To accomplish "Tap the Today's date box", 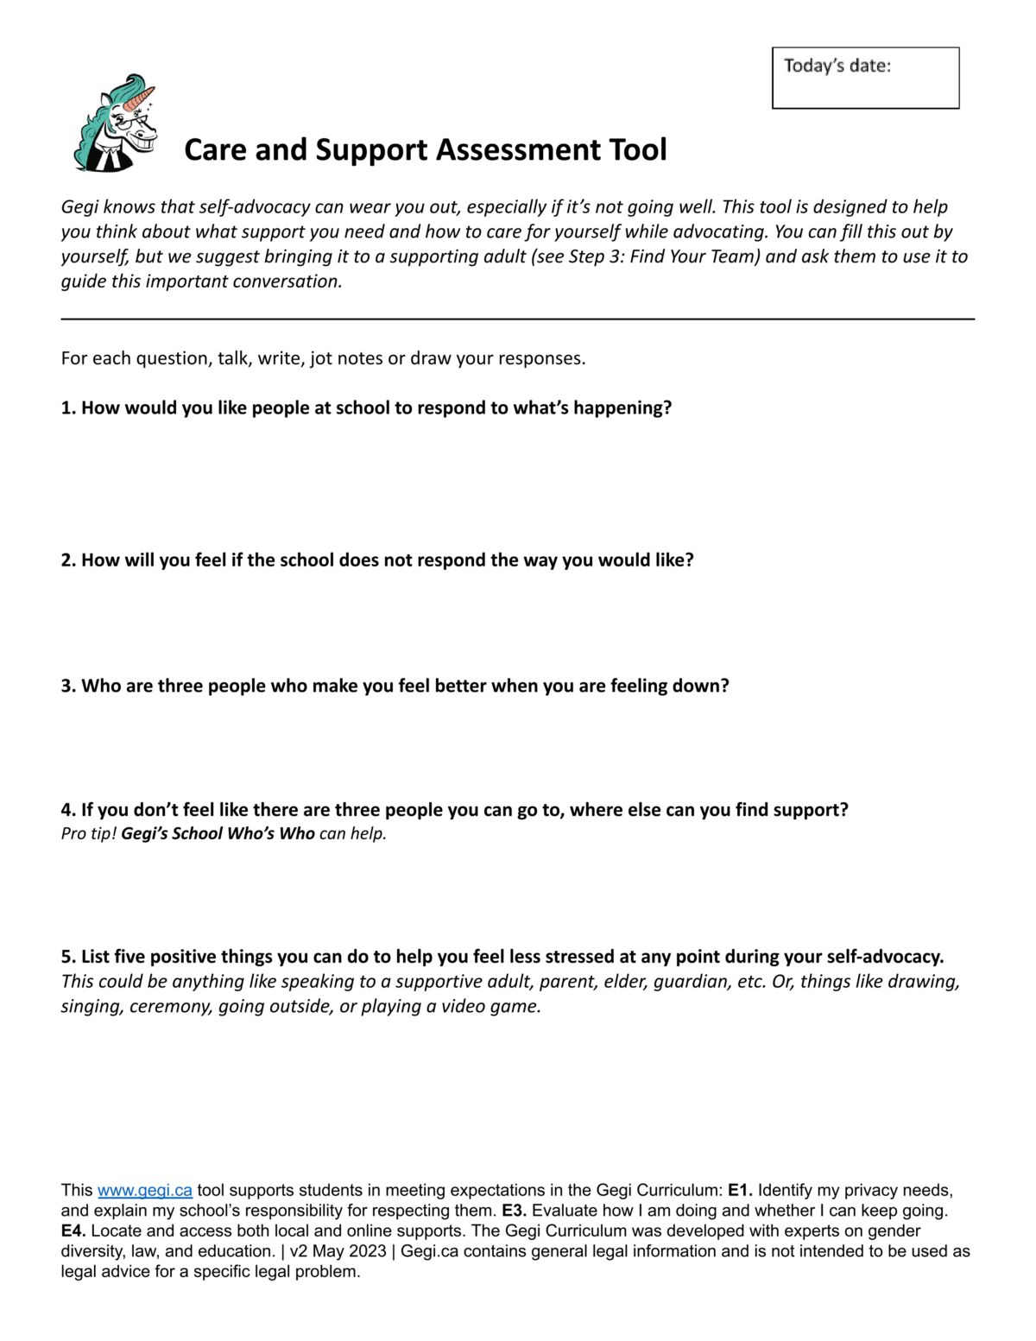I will [x=865, y=79].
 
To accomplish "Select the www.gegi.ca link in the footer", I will [x=145, y=1191].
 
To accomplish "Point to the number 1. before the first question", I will [x=68, y=408].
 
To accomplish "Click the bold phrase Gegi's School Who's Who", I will [x=218, y=834].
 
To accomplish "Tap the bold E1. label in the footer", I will [x=740, y=1191].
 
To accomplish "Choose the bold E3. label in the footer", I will [x=514, y=1211].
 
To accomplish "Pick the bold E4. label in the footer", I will [x=73, y=1231].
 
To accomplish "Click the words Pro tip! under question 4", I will [x=89, y=834].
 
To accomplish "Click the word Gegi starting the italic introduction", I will [x=79, y=207].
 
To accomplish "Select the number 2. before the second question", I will [x=68, y=560].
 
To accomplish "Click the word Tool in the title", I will [x=638, y=149].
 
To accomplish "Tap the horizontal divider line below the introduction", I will [x=518, y=319].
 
